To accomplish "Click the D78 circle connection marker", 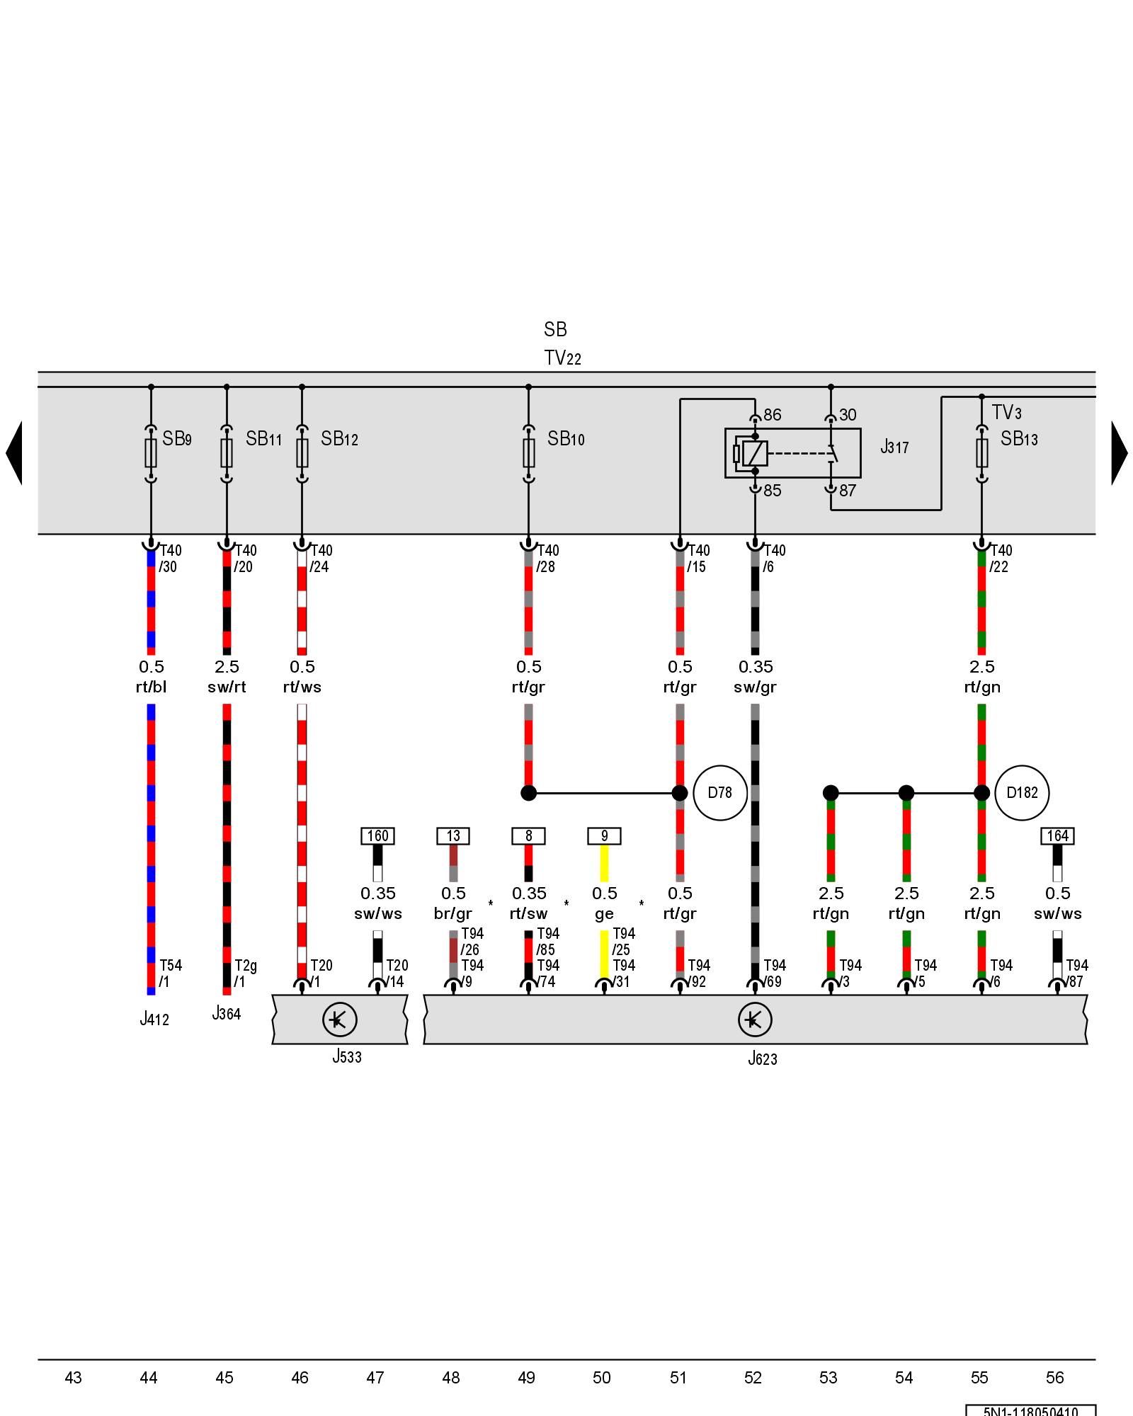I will [x=720, y=793].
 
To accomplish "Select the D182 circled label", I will [x=1022, y=793].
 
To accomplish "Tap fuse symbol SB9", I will [x=151, y=453].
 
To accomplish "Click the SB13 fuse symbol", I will [x=981, y=453].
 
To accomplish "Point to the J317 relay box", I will [x=792, y=453].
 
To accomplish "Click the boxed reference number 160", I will [x=377, y=836].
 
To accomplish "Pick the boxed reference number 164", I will [x=1057, y=836].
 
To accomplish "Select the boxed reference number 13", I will [x=453, y=836].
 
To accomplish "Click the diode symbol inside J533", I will [x=339, y=1020].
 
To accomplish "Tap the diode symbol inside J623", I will [x=755, y=1020].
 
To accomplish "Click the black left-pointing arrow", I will [x=14, y=453].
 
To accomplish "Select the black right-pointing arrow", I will [x=1119, y=453].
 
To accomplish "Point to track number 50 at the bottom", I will [x=602, y=1378].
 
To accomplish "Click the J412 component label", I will [x=154, y=1020].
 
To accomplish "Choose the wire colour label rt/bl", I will [x=151, y=687].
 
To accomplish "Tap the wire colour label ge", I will [x=604, y=913].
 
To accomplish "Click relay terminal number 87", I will [x=848, y=491].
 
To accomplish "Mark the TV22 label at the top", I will [x=562, y=358].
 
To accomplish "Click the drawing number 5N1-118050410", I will [x=1030, y=1411].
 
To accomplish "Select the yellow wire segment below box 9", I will [x=604, y=863].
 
